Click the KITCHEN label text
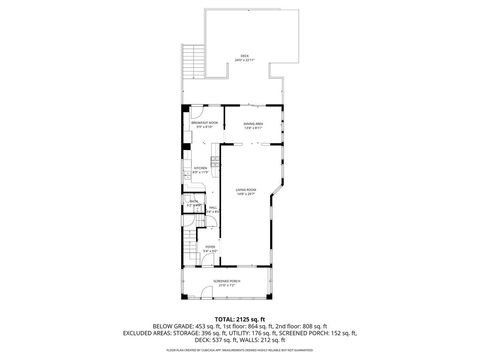(x=201, y=168)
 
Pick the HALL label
(x=212, y=207)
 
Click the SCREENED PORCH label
(x=228, y=282)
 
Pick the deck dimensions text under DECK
(x=245, y=61)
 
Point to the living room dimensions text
(x=247, y=193)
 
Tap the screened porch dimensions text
(x=228, y=287)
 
